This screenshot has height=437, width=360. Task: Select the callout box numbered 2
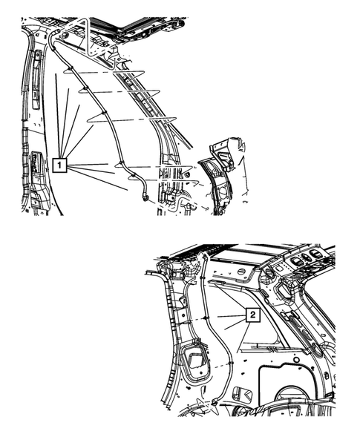[253, 315]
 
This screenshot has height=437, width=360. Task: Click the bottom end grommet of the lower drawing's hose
[215, 401]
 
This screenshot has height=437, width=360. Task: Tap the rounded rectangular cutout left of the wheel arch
[242, 394]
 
